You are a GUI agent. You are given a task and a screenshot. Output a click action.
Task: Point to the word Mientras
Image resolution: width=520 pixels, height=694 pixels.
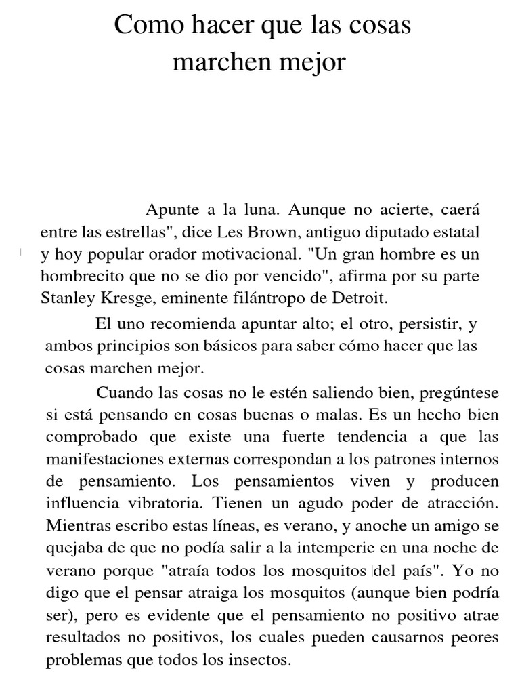tap(77, 527)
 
